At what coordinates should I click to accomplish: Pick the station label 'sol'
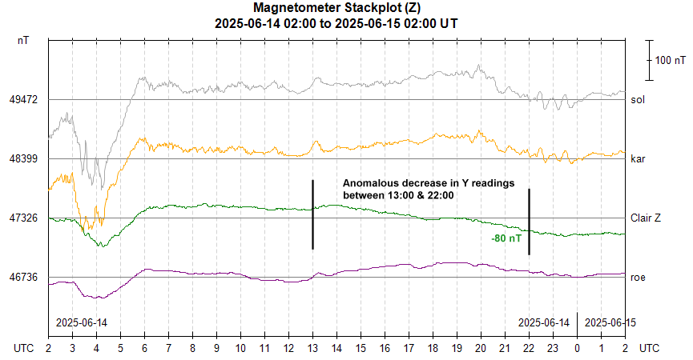click(638, 100)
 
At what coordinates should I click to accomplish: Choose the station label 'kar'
click(638, 159)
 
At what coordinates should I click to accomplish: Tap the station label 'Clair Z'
click(647, 218)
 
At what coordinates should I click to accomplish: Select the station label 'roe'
click(638, 277)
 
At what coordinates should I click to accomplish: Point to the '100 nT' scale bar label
click(670, 60)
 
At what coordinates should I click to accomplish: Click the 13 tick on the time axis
click(312, 349)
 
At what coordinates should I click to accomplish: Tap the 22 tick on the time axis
click(529, 349)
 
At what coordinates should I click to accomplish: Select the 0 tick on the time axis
click(577, 349)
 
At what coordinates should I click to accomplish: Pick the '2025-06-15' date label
click(610, 322)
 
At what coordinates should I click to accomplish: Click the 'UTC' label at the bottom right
click(650, 349)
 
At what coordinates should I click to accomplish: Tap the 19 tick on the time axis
click(457, 349)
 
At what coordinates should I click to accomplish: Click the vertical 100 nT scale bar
click(649, 60)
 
